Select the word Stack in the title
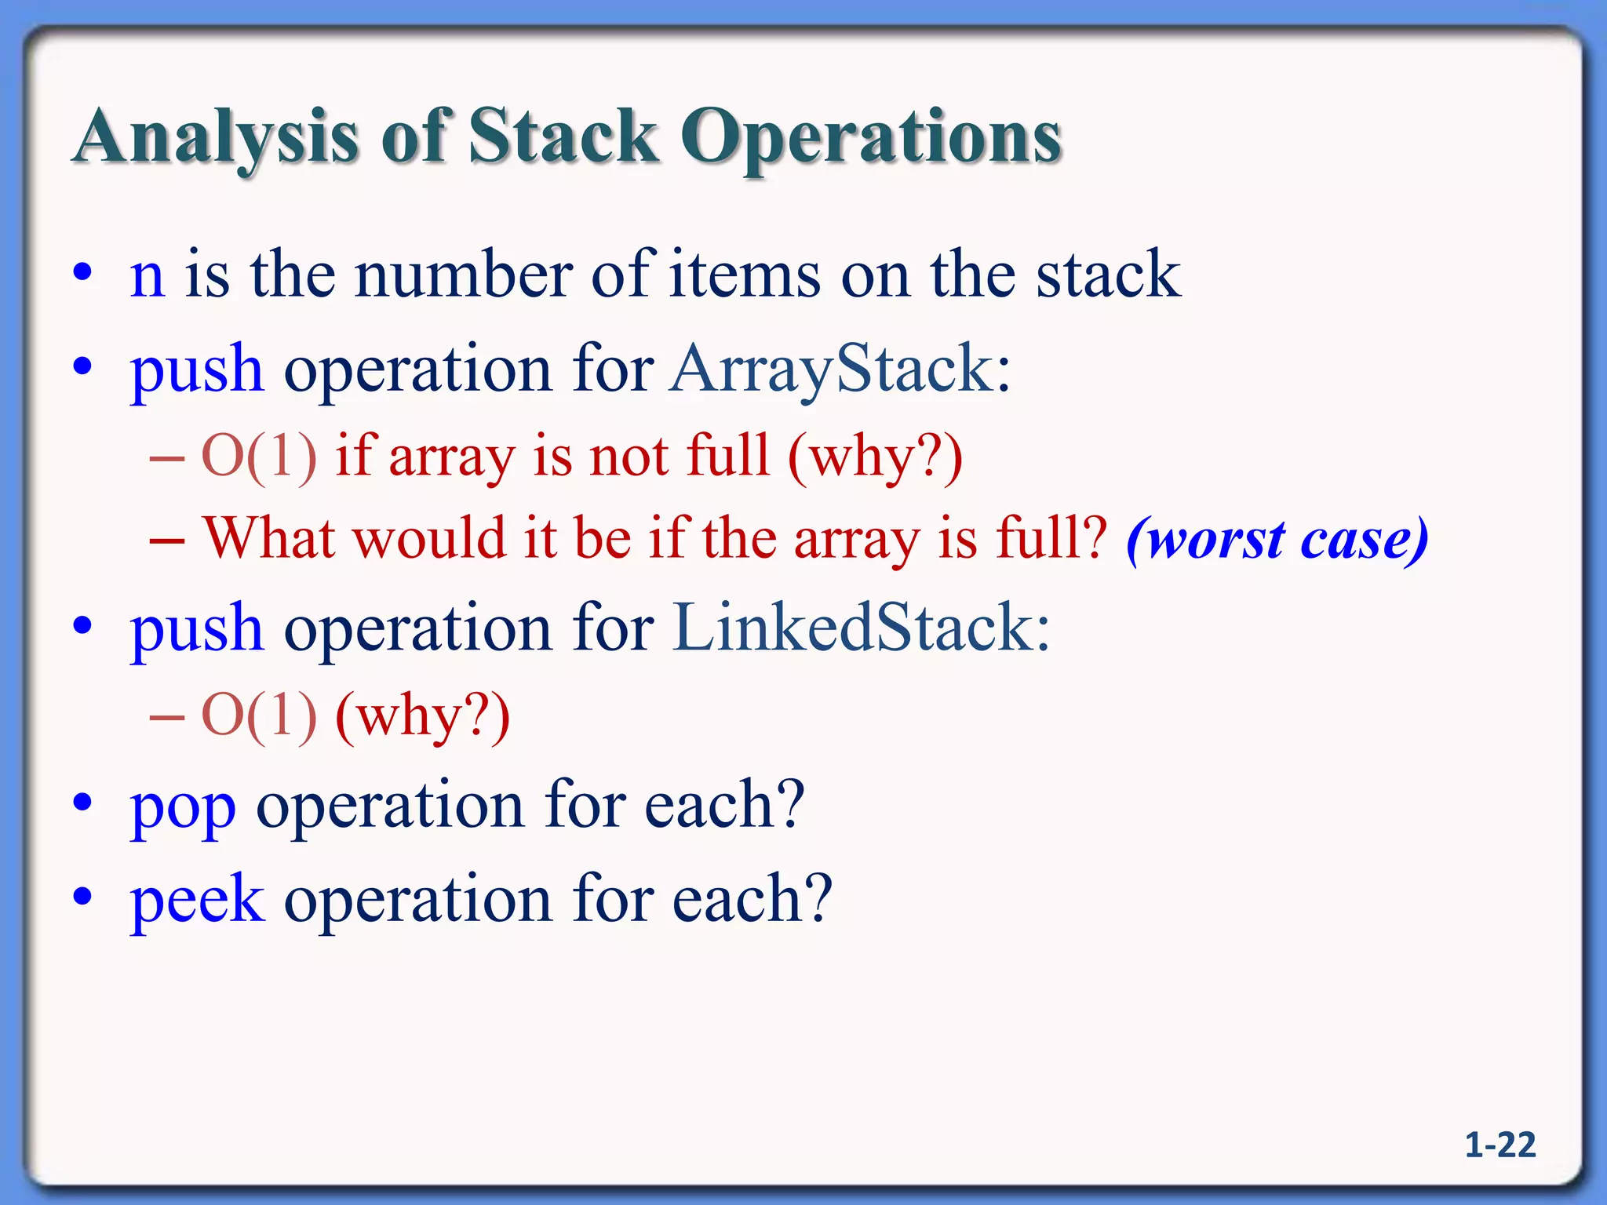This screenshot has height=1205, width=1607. tap(563, 137)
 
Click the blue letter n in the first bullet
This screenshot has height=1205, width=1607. tap(148, 276)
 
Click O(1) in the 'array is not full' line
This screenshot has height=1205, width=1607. tap(260, 456)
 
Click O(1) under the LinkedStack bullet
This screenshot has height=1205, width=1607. tap(260, 715)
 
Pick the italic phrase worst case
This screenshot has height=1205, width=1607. tap(1277, 540)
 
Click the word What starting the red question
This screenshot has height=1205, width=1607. tap(275, 538)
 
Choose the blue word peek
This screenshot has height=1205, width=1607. tap(197, 899)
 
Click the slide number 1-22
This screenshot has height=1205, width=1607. tap(1500, 1145)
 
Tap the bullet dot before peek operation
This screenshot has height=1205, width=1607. tap(83, 896)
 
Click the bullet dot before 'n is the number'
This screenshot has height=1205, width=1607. tap(83, 274)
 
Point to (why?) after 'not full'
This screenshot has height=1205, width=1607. tap(876, 456)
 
